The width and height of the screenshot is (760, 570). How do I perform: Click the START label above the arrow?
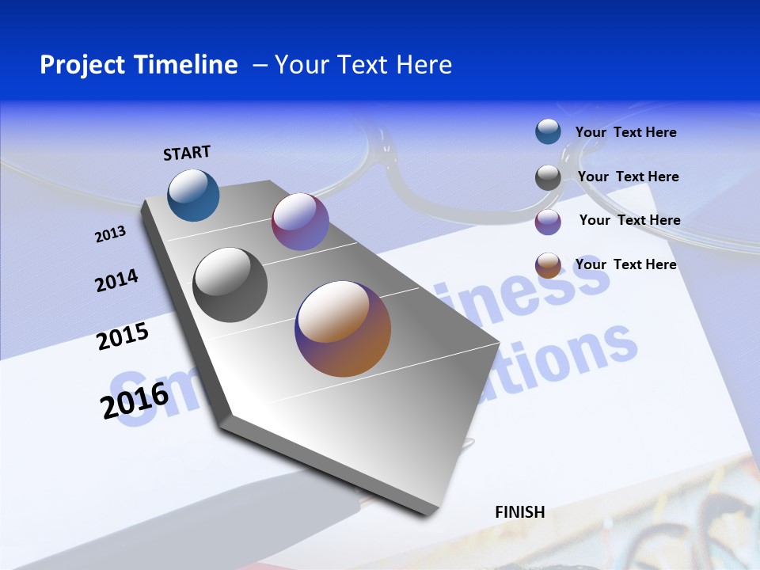tap(187, 153)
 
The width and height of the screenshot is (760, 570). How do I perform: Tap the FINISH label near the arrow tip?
tap(520, 512)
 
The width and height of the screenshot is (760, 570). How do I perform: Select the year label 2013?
tap(110, 234)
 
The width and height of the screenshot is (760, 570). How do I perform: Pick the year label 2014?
tap(116, 280)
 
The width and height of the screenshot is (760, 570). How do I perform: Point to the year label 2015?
tap(123, 336)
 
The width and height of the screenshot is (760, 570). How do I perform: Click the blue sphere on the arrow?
tap(193, 195)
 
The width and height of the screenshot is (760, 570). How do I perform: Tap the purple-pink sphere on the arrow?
tap(300, 222)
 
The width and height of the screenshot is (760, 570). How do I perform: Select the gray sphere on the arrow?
tap(230, 285)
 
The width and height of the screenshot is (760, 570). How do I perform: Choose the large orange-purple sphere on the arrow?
tap(343, 329)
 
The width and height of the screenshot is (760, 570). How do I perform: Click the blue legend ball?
tap(548, 131)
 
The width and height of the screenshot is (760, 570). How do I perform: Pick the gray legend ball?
tap(548, 177)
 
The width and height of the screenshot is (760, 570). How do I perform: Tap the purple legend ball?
tap(548, 222)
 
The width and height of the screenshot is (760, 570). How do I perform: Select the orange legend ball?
tap(548, 265)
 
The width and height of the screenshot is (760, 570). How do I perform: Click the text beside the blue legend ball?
tap(625, 132)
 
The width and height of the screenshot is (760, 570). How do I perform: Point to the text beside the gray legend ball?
tap(628, 177)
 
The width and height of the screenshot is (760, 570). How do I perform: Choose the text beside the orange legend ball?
tap(625, 264)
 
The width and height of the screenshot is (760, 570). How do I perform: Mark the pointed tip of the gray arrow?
tap(431, 513)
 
